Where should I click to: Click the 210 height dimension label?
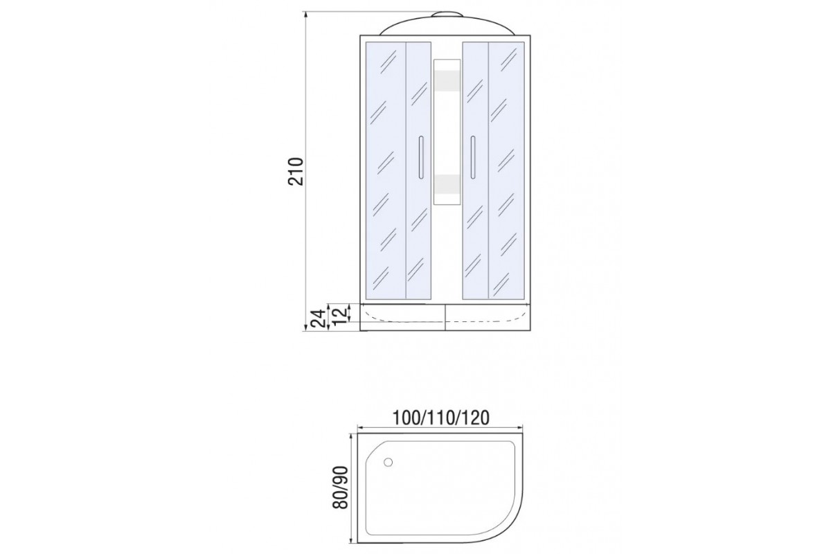coord(296,172)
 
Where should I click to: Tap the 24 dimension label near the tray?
coord(319,318)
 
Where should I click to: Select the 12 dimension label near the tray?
coord(341,315)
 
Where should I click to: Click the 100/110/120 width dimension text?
coord(441,418)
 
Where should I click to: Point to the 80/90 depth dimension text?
coord(341,488)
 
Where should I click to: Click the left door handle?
coord(421,157)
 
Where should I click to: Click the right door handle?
coord(473,157)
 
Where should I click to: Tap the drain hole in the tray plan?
coord(388,463)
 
